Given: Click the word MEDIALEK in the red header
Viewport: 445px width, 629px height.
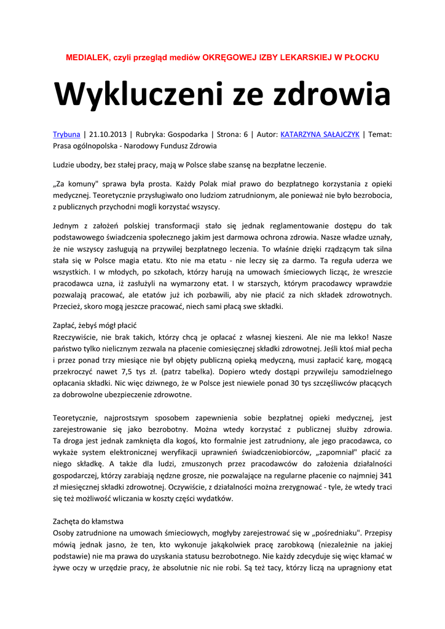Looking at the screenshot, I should [86, 57].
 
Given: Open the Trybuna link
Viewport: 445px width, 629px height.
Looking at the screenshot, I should [66, 134].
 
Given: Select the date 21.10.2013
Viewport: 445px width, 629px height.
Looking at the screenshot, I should [110, 134].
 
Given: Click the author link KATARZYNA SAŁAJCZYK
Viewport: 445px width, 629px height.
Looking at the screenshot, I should [320, 134].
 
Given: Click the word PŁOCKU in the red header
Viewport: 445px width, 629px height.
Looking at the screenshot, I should [361, 57].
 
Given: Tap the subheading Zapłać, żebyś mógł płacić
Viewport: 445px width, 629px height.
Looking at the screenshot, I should [95, 325].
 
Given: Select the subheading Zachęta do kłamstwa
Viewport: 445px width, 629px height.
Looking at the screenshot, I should [89, 521].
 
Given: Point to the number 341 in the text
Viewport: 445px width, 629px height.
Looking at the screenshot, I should [385, 475].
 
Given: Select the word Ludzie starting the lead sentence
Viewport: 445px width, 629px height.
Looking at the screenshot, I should [65, 165].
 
